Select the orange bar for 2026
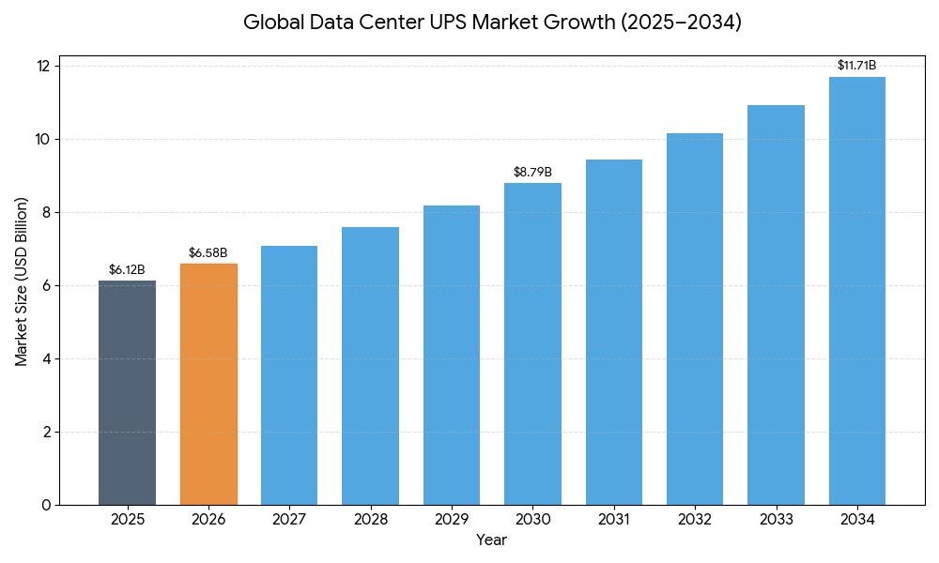click(208, 384)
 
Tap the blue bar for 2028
click(370, 366)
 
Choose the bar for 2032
click(695, 319)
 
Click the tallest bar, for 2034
click(857, 291)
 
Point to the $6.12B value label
click(127, 270)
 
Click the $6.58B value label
click(208, 253)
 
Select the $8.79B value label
click(532, 173)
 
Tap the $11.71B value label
click(857, 66)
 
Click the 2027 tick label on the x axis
click(289, 519)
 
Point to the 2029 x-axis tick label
click(452, 519)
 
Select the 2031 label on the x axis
click(614, 519)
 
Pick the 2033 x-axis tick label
click(776, 519)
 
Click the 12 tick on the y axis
click(43, 66)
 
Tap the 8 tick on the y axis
click(47, 212)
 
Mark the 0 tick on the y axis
click(47, 505)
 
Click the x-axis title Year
click(491, 540)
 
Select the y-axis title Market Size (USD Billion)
click(22, 281)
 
